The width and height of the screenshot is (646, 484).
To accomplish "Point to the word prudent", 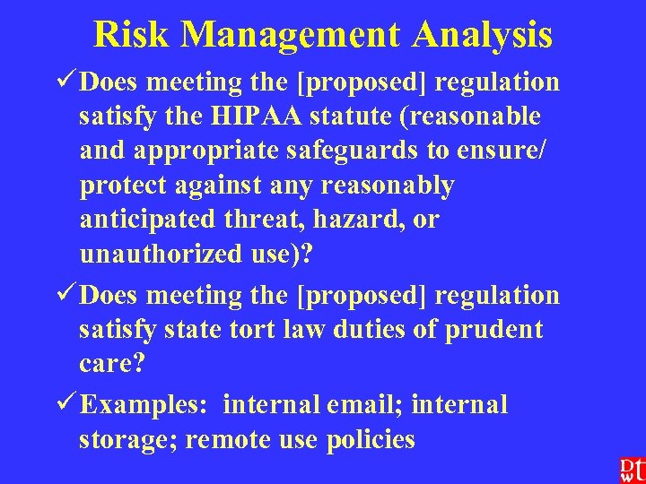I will (x=496, y=330).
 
